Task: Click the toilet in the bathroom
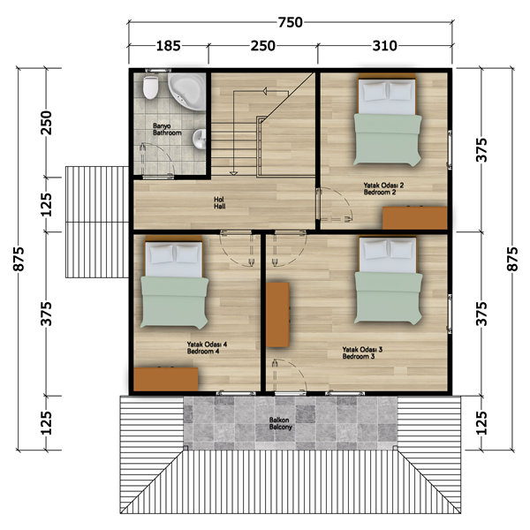pyautogui.click(x=150, y=87)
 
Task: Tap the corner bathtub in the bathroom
pyautogui.click(x=187, y=91)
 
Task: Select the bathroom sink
pyautogui.click(x=199, y=140)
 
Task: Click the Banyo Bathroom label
pyautogui.click(x=167, y=130)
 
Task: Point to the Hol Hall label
pyautogui.click(x=219, y=203)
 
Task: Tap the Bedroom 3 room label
pyautogui.click(x=359, y=356)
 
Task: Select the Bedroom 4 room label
pyautogui.click(x=203, y=352)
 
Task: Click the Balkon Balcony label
pyautogui.click(x=280, y=423)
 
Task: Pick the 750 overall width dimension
pyautogui.click(x=290, y=22)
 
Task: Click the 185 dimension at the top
pyautogui.click(x=168, y=46)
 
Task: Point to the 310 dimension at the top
pyautogui.click(x=384, y=46)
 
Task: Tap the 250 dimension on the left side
pyautogui.click(x=46, y=123)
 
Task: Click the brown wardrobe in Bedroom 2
pyautogui.click(x=415, y=218)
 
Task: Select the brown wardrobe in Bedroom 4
pyautogui.click(x=166, y=379)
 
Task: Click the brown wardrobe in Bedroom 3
pyautogui.click(x=277, y=314)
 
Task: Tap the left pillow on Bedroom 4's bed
pyautogui.click(x=162, y=255)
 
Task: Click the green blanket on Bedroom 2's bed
pyautogui.click(x=388, y=140)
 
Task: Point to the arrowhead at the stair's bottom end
pyautogui.click(x=233, y=173)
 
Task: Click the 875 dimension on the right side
pyautogui.click(x=512, y=259)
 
